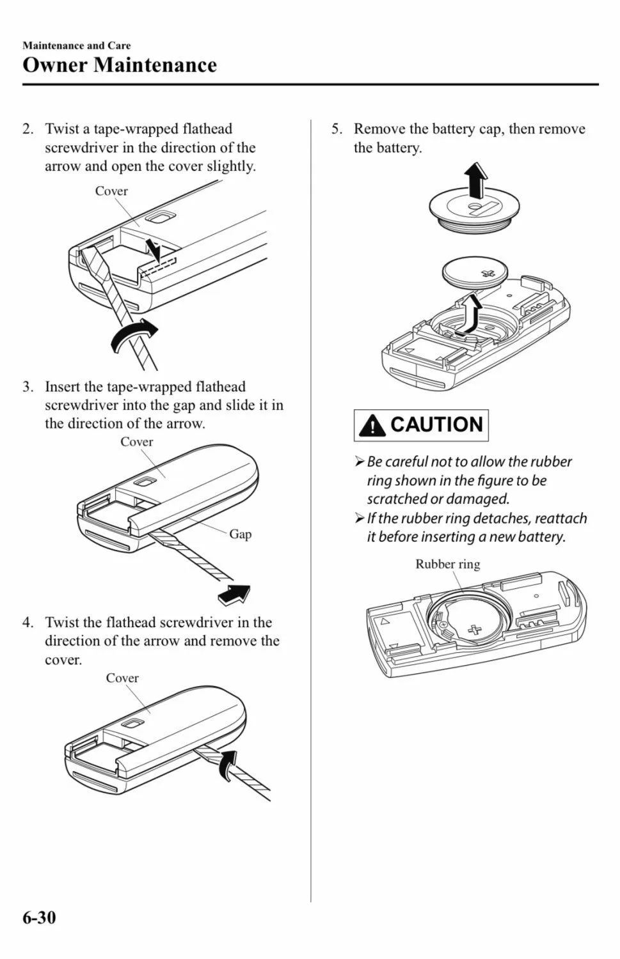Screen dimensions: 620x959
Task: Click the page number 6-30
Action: tap(39, 918)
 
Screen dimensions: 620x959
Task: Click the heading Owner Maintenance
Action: tap(120, 65)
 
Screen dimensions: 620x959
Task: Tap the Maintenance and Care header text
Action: tap(77, 45)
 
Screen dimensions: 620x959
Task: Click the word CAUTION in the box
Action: tap(436, 425)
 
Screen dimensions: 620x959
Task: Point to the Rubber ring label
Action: tap(448, 565)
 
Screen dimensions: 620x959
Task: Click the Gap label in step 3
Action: tap(241, 534)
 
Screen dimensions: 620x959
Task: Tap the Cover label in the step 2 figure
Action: tap(111, 191)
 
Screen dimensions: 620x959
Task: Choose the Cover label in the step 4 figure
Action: tap(123, 678)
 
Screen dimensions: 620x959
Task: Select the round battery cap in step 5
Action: tap(475, 212)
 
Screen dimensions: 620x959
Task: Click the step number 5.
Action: tap(337, 129)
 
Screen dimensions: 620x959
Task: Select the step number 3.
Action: tap(28, 387)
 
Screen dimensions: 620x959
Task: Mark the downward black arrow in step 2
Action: tap(153, 250)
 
